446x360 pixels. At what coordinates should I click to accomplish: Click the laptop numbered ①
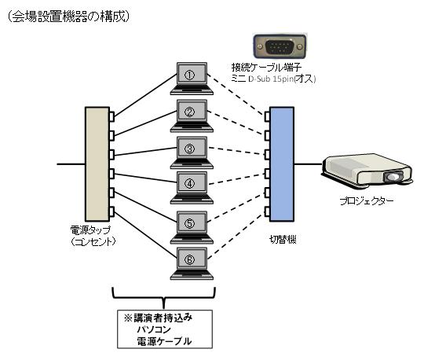pyautogui.click(x=192, y=79)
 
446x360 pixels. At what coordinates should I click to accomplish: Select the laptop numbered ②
pyautogui.click(x=192, y=116)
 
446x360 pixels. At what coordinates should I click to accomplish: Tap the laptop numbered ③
pyautogui.click(x=192, y=152)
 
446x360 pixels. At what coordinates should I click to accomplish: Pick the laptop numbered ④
pyautogui.click(x=192, y=188)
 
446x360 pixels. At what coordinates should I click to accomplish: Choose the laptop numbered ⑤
pyautogui.click(x=192, y=227)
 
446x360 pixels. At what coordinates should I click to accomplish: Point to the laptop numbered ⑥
pyautogui.click(x=192, y=263)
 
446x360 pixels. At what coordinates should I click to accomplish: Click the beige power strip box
pyautogui.click(x=97, y=164)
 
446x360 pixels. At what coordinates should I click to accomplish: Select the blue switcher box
pyautogui.click(x=282, y=164)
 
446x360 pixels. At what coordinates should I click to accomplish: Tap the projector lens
pyautogui.click(x=393, y=177)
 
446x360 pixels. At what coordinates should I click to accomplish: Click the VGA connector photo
pyautogui.click(x=280, y=46)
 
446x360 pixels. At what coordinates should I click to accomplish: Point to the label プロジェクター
pyautogui.click(x=367, y=201)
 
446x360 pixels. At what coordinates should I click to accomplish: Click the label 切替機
pyautogui.click(x=283, y=240)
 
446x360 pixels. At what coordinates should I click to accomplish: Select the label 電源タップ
pyautogui.click(x=90, y=230)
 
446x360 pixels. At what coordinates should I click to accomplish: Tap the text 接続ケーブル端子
pyautogui.click(x=266, y=68)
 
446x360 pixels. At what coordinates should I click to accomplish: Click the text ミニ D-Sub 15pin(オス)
pyautogui.click(x=273, y=79)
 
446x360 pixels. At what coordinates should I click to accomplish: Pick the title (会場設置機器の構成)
pyautogui.click(x=68, y=17)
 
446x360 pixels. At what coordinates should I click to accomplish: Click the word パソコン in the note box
pyautogui.click(x=154, y=329)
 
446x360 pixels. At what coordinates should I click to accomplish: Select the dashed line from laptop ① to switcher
pyautogui.click(x=236, y=95)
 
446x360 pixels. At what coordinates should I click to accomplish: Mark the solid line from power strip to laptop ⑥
pyautogui.click(x=145, y=233)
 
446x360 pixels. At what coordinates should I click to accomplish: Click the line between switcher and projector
pyautogui.click(x=309, y=164)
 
